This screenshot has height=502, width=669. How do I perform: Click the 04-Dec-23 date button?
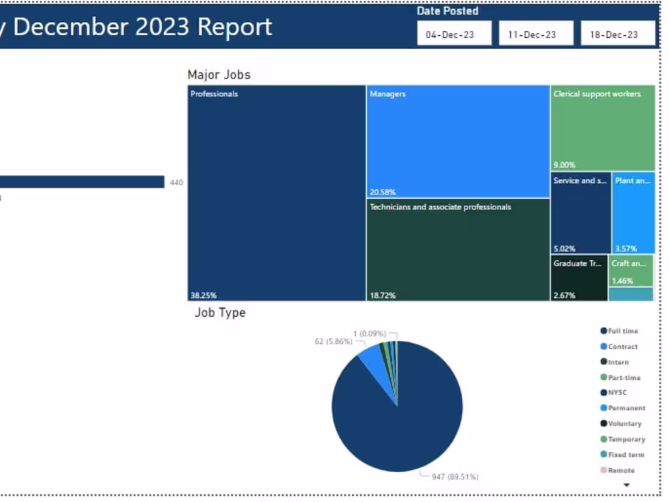coord(454,35)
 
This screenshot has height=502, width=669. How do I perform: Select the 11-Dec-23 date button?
coord(536,35)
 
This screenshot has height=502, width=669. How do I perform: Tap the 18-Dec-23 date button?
coord(617,35)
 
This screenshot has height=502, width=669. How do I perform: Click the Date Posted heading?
coord(447,11)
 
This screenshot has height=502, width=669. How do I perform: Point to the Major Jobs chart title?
coord(219,75)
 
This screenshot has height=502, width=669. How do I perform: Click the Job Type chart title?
coord(220,312)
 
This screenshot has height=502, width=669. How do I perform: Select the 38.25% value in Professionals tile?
coord(203,295)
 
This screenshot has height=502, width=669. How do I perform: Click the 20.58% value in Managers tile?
coord(383,192)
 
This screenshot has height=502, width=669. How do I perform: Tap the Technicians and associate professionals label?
coord(440,207)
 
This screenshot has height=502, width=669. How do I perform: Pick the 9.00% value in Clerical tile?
coord(564,165)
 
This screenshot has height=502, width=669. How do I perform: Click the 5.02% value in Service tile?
coord(564,249)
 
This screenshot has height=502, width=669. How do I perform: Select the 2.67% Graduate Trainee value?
coord(563,295)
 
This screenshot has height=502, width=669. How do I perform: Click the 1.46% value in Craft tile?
coord(622,281)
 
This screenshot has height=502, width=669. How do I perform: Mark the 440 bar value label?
coord(176,182)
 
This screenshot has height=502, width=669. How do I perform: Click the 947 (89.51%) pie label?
coord(454,476)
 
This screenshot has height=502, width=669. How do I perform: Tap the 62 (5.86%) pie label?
coord(333,342)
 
